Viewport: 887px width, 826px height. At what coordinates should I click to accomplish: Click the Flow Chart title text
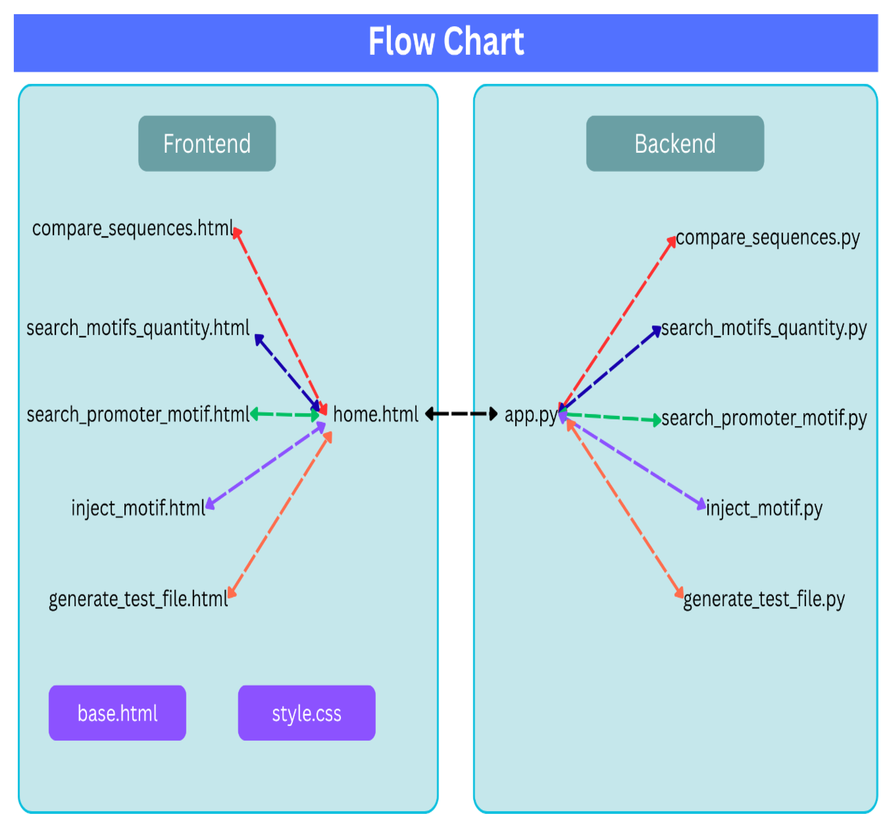pos(446,41)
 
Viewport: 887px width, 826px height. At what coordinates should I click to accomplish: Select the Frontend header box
pos(207,143)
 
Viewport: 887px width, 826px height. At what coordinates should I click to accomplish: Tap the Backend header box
pos(675,143)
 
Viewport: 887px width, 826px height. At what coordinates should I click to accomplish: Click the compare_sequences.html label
pos(132,229)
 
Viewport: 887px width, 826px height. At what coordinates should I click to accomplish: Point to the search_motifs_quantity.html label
pos(137,328)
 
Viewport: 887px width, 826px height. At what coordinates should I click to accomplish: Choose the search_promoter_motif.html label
pos(137,415)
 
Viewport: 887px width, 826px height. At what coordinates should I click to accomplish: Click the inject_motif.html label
pos(138,508)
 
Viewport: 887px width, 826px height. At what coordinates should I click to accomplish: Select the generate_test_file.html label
pos(138,599)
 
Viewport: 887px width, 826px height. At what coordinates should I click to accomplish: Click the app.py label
pos(530,415)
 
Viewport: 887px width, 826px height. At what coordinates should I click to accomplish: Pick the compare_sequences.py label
pos(767,238)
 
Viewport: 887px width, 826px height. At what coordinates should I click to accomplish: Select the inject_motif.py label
pos(764,508)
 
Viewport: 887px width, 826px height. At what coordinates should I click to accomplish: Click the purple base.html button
pos(117,713)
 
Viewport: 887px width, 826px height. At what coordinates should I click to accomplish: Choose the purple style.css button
pos(307,713)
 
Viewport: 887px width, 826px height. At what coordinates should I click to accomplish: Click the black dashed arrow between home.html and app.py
pos(461,414)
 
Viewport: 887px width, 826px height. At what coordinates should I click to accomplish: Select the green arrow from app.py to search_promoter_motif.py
pos(611,417)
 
